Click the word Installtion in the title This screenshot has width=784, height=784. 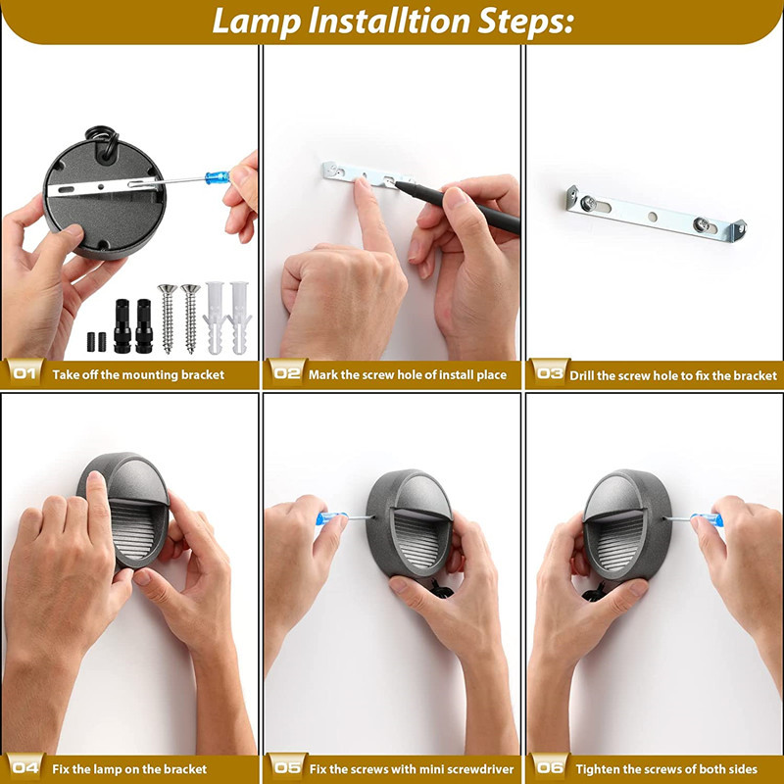(388, 22)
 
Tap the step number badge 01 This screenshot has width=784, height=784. (24, 373)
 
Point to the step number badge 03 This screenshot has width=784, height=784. (549, 373)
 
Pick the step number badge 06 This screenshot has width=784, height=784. (549, 767)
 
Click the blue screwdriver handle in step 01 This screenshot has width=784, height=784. (218, 177)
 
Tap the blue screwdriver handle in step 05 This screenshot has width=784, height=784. (331, 518)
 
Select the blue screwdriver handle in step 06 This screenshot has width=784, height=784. (707, 520)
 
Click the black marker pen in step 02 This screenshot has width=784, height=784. (458, 206)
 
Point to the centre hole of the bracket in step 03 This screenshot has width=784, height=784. (653, 217)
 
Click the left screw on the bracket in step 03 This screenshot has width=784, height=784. (588, 203)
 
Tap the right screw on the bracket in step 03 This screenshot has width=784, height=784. (701, 224)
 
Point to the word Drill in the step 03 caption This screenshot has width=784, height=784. (582, 375)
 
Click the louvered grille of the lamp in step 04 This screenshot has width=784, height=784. (132, 530)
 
